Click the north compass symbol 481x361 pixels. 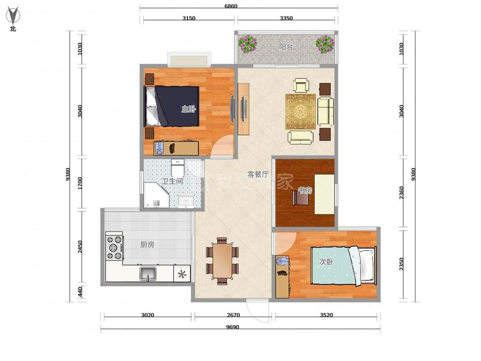13,15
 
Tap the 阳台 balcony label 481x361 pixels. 286,47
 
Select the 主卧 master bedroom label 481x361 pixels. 189,109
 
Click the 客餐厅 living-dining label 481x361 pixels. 258,175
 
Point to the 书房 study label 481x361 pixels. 304,190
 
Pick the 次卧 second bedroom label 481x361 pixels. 326,262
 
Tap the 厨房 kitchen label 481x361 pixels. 147,245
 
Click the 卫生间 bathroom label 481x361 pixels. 172,181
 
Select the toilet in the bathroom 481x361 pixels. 177,167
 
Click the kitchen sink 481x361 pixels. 148,273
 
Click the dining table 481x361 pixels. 222,261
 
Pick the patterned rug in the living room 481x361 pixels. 301,112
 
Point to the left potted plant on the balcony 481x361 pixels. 248,44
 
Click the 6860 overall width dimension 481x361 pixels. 231,6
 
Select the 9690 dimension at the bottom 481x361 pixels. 233,327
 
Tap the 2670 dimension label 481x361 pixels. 233,315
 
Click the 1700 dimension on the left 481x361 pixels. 80,183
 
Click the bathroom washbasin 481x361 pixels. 186,201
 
